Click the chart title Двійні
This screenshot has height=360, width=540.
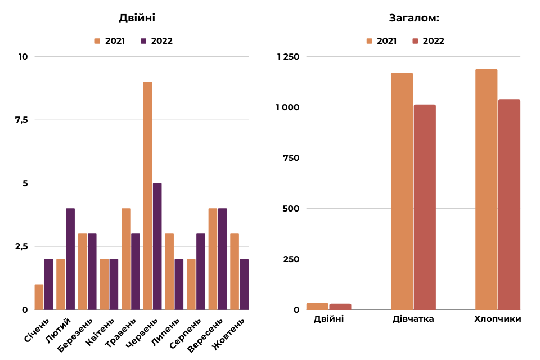[x=137, y=18]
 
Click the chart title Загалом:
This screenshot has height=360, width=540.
[x=414, y=18]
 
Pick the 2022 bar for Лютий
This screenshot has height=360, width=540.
[x=70, y=259]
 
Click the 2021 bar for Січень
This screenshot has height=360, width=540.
[x=39, y=297]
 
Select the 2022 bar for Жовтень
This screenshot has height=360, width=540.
[x=244, y=284]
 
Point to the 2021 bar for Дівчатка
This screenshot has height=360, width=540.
[x=402, y=191]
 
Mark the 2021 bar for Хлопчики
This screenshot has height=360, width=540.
[x=487, y=189]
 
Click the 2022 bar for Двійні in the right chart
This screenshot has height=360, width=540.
[x=340, y=307]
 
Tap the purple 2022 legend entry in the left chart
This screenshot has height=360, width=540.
[x=157, y=41]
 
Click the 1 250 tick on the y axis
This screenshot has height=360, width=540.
[x=288, y=57]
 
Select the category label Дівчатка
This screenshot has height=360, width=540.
[x=413, y=319]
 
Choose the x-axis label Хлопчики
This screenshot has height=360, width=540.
[x=498, y=319]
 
